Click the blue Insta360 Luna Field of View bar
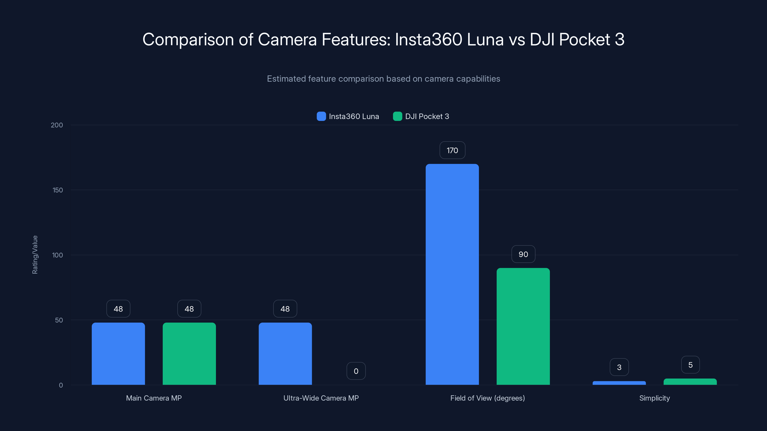pyautogui.click(x=452, y=274)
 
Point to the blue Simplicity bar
pyautogui.click(x=619, y=383)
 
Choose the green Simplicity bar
pyautogui.click(x=690, y=382)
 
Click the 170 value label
pyautogui.click(x=452, y=150)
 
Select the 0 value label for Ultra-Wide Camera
pyautogui.click(x=356, y=371)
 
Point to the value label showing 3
pyautogui.click(x=619, y=367)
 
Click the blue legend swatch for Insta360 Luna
pyautogui.click(x=321, y=116)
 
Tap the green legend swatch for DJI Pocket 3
pyautogui.click(x=397, y=116)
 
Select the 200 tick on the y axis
pyautogui.click(x=57, y=125)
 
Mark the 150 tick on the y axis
pyautogui.click(x=58, y=190)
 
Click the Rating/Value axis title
pyautogui.click(x=35, y=255)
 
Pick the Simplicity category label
pyautogui.click(x=654, y=398)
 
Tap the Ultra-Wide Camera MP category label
pyautogui.click(x=321, y=398)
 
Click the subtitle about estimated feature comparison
pyautogui.click(x=383, y=79)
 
